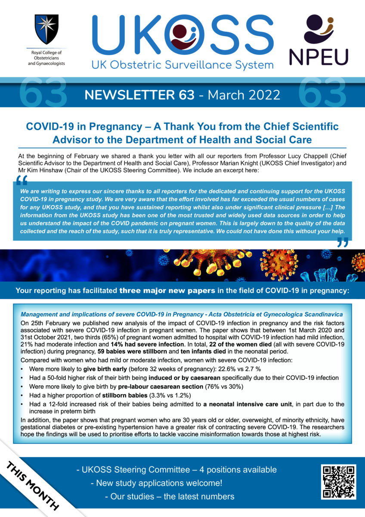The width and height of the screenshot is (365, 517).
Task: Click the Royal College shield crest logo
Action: click(x=46, y=29)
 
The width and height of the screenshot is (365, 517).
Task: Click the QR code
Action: click(x=339, y=481)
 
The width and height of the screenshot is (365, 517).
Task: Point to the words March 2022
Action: click(x=244, y=95)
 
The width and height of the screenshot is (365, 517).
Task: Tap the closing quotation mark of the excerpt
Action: click(x=342, y=244)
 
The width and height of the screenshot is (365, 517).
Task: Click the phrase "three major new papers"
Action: click(x=167, y=291)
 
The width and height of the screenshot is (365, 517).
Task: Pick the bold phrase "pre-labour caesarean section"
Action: click(x=155, y=386)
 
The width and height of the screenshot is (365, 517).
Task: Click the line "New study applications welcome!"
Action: click(x=156, y=483)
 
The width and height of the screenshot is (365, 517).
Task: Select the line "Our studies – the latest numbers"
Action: click(x=170, y=496)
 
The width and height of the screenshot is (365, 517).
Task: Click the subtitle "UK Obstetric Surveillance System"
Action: click(x=182, y=65)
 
